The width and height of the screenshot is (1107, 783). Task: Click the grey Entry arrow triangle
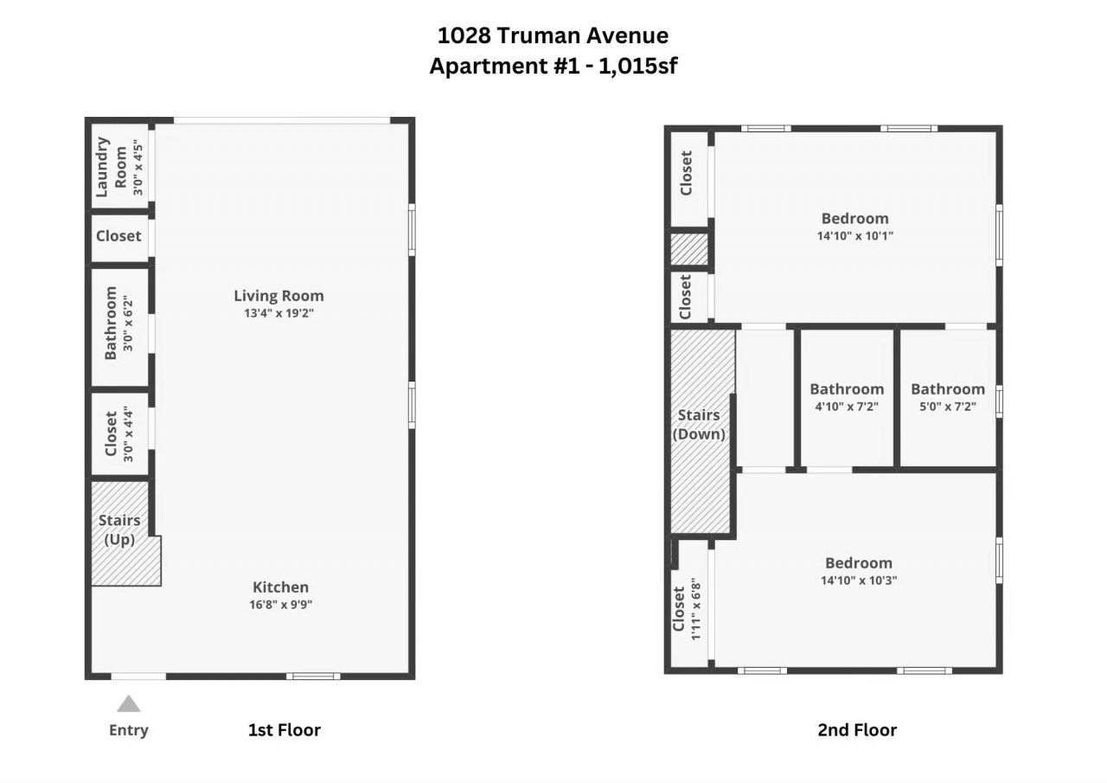129,703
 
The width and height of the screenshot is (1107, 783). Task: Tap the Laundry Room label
111,166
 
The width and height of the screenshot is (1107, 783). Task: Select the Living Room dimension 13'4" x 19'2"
278,313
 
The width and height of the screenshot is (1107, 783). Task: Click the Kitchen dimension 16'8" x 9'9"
280,605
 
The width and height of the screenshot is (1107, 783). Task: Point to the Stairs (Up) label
119,529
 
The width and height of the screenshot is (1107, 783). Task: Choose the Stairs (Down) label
699,425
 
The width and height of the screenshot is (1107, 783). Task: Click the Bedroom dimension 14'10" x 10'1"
854,235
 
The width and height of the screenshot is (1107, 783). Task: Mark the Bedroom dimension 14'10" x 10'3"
858,581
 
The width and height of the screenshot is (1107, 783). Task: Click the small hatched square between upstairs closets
689,249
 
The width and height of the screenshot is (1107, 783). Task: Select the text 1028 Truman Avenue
553,35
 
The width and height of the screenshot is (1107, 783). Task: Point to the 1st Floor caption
284,729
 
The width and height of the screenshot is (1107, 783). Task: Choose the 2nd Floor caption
857,729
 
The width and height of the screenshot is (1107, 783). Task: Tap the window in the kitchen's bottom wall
313,676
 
